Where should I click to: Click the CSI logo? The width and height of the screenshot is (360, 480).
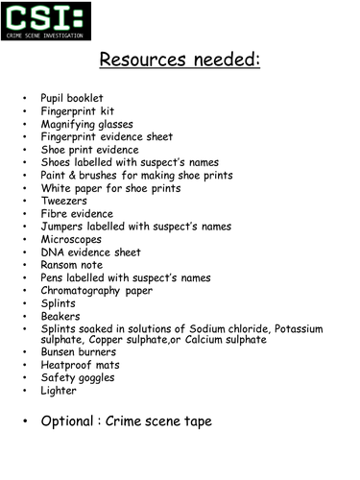46,21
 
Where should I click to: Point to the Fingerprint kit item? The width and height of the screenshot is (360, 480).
77,111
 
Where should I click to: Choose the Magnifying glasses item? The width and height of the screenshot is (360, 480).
86,125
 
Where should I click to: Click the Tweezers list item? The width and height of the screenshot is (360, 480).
64,201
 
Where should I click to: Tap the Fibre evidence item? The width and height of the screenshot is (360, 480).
77,214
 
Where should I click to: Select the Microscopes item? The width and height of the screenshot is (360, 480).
71,239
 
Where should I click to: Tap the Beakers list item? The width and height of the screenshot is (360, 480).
60,316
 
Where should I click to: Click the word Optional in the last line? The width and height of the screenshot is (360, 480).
69,420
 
